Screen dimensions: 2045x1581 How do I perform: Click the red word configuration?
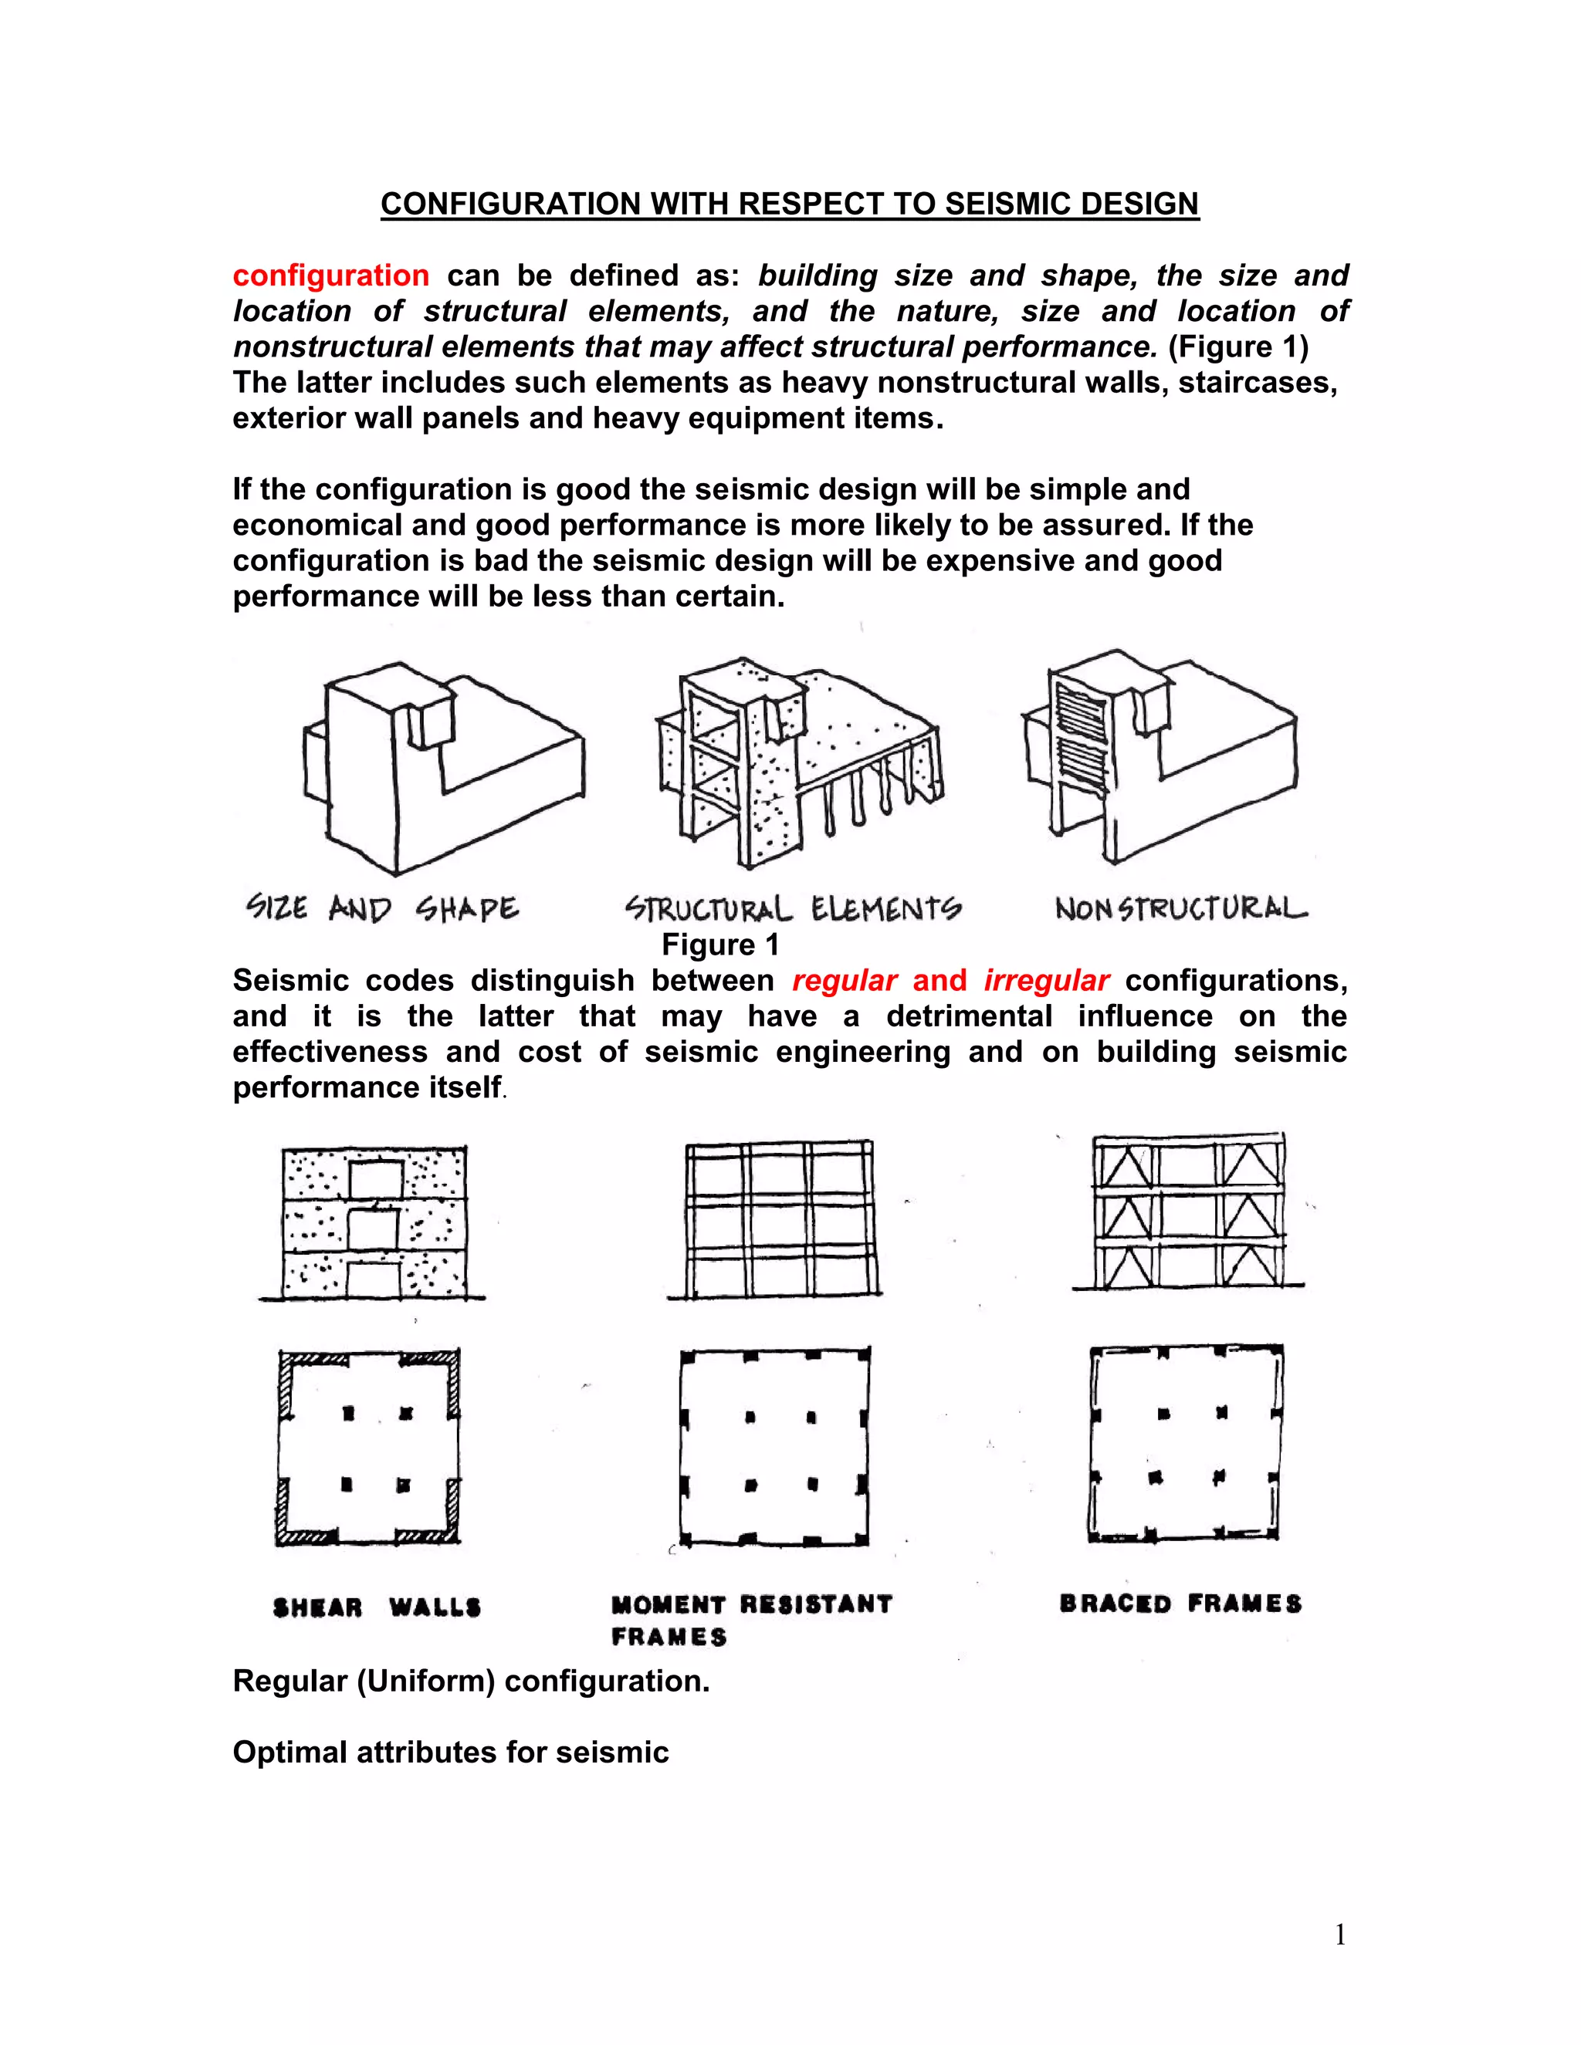tap(330, 275)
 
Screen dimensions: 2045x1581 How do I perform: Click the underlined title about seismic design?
tap(790, 204)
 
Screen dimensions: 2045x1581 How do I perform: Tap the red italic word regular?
tap(844, 980)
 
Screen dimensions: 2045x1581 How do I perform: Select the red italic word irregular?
tap(1046, 980)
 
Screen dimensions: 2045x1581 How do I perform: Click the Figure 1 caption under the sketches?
tap(719, 945)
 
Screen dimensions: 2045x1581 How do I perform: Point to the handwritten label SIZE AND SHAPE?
tap(382, 908)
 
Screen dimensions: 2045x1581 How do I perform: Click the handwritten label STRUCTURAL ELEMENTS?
tap(792, 908)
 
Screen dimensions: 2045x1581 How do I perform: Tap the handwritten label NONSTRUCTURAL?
tap(1181, 908)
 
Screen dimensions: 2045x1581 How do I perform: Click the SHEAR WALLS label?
tap(377, 1607)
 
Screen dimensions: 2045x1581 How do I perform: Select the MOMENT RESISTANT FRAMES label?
tap(751, 1619)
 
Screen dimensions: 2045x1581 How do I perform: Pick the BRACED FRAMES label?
tap(1180, 1604)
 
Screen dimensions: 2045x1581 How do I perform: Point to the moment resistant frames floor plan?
tap(774, 1447)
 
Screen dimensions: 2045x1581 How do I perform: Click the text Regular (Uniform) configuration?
tap(471, 1681)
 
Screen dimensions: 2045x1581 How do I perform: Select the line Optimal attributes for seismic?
tap(451, 1752)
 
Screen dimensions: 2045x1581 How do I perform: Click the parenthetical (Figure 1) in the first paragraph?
tap(1238, 346)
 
